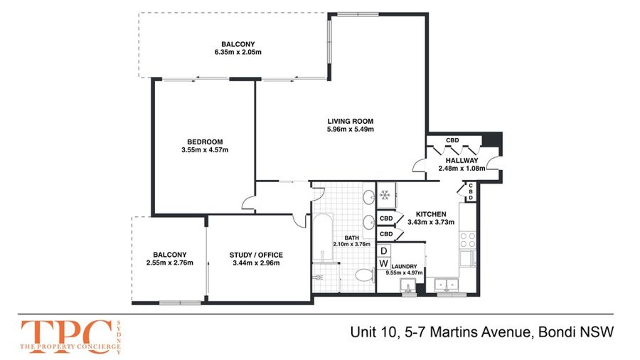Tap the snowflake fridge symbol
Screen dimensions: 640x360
pyautogui.click(x=385, y=195)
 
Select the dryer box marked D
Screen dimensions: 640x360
pyautogui.click(x=384, y=250)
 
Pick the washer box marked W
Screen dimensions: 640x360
pyautogui.click(x=384, y=263)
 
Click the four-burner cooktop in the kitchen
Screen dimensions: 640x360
pyautogui.click(x=467, y=240)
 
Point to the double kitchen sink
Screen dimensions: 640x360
pyautogui.click(x=447, y=285)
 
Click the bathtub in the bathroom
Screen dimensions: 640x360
pyautogui.click(x=324, y=237)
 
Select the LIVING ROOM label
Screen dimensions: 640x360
pyautogui.click(x=350, y=121)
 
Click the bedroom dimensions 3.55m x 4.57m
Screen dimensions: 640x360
pyautogui.click(x=205, y=150)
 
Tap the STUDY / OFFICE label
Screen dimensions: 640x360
pyautogui.click(x=256, y=255)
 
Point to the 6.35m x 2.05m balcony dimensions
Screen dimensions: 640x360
pyautogui.click(x=238, y=52)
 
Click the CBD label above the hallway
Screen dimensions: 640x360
pyautogui.click(x=452, y=140)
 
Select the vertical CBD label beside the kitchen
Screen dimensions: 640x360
pyautogui.click(x=471, y=192)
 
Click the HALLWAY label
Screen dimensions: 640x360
pyautogui.click(x=462, y=160)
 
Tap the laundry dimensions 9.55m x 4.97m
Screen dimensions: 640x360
pyautogui.click(x=404, y=272)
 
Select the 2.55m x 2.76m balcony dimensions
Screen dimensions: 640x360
pyautogui.click(x=170, y=263)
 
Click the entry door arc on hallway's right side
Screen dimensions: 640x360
pyautogui.click(x=492, y=162)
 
